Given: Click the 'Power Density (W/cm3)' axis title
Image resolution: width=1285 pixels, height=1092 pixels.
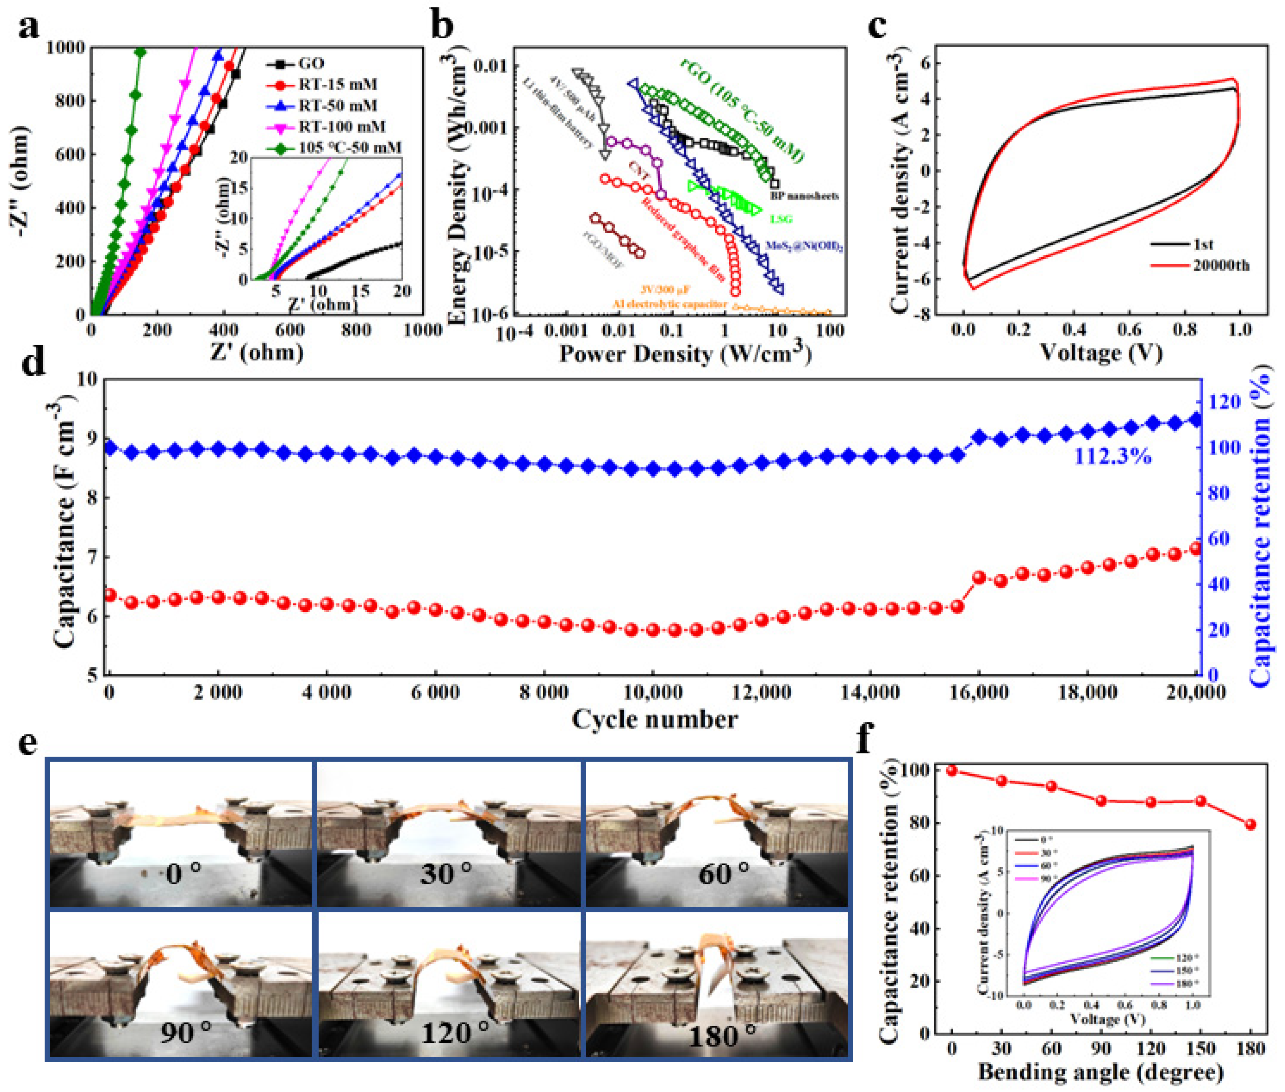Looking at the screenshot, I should (x=685, y=354).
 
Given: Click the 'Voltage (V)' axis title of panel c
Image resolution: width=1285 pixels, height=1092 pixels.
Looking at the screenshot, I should (x=1101, y=353).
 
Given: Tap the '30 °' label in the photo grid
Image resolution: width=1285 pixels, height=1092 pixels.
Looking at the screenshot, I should (x=446, y=873).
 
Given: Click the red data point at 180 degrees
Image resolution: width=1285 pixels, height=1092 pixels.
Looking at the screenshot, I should (x=1250, y=824).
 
